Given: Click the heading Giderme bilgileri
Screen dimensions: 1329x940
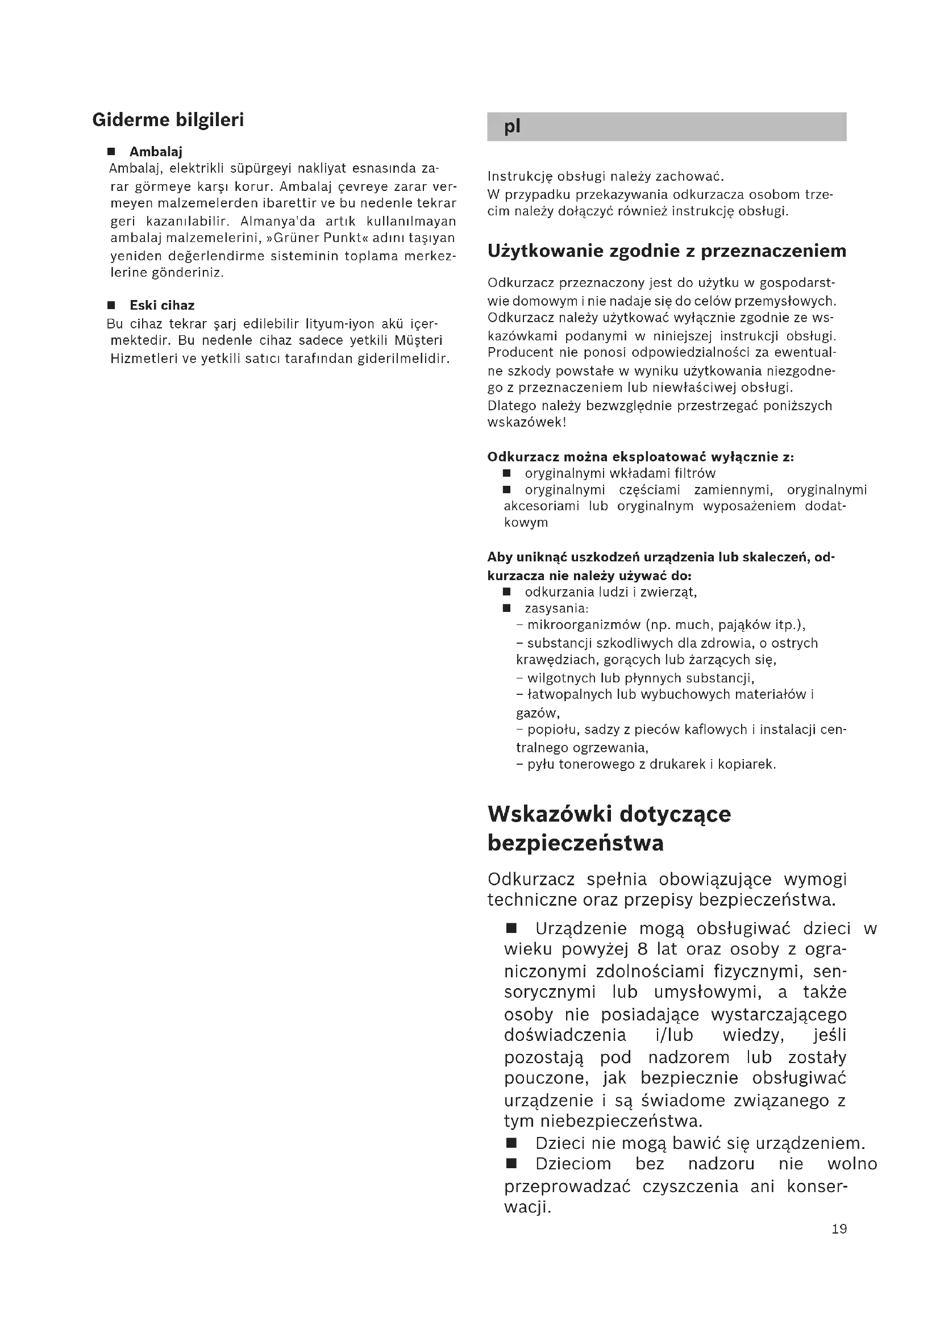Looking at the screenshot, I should coord(168,120).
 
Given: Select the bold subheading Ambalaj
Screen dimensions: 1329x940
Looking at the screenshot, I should coord(156,152).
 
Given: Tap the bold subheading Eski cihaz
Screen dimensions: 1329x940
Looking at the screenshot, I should coord(162,305).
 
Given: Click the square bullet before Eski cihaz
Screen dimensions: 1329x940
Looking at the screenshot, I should coord(112,305).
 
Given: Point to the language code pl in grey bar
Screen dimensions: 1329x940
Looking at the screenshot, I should coord(512,126).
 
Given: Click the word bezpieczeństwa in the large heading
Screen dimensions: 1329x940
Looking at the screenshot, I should coord(575,843).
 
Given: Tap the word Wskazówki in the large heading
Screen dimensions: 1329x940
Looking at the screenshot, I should coord(550,814).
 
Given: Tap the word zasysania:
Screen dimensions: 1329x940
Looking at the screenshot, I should coord(556,609).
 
